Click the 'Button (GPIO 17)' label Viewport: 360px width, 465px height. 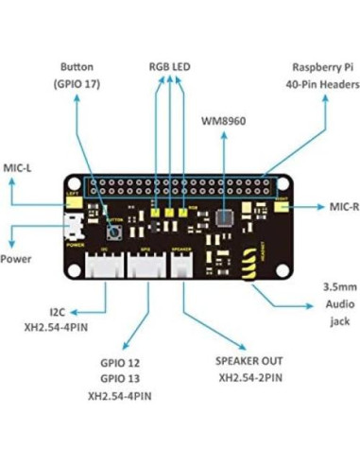coord(77,76)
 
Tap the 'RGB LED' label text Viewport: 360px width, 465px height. coord(170,68)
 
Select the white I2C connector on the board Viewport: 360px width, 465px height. coord(106,267)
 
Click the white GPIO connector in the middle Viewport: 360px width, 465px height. coord(145,267)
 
